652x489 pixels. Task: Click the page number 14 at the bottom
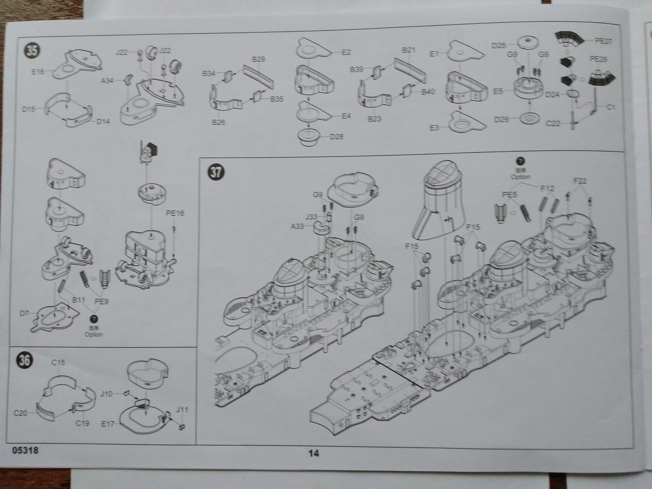point(314,453)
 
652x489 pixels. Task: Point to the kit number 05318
point(25,451)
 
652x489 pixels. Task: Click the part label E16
point(38,72)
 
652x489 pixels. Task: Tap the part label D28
point(337,137)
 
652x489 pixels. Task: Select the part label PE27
point(603,41)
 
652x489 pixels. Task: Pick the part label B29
point(258,59)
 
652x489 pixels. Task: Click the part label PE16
point(175,213)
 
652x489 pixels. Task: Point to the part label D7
point(24,313)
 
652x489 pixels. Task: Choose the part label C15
point(58,363)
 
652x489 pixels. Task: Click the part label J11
point(182,409)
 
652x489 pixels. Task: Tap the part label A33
point(297,226)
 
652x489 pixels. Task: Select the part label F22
point(580,181)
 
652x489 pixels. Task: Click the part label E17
point(108,424)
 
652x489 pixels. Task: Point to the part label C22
point(553,123)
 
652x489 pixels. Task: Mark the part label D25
point(499,45)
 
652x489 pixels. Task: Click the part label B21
point(408,50)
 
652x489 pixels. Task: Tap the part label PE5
point(509,195)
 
